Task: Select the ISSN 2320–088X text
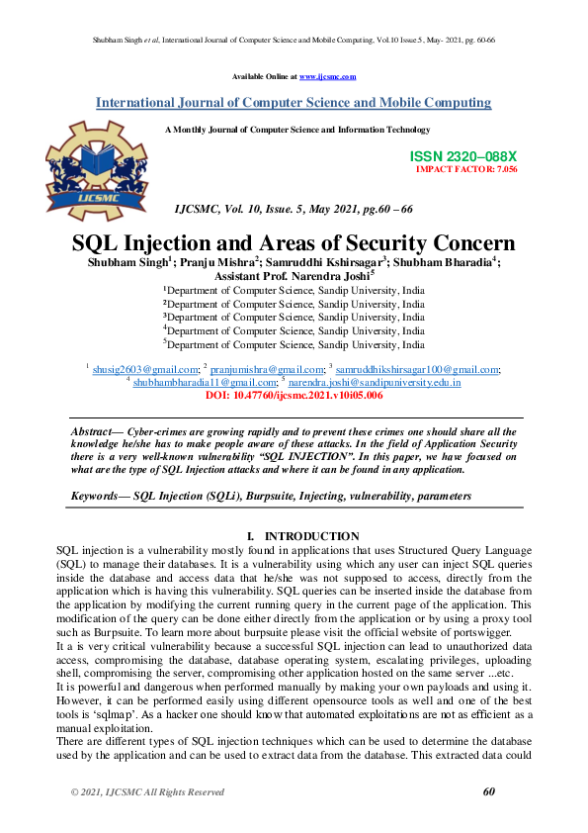[462, 157]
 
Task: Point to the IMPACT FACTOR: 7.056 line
[466, 169]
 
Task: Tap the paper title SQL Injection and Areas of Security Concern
[294, 243]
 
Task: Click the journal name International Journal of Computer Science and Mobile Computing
[294, 103]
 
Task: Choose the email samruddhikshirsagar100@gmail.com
[418, 369]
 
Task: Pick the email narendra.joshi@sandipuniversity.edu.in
[375, 382]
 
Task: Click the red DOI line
[294, 395]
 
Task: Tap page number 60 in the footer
[488, 791]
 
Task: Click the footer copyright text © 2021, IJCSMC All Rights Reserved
[147, 792]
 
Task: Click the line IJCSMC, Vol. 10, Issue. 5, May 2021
[293, 211]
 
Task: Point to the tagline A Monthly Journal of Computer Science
[297, 130]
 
